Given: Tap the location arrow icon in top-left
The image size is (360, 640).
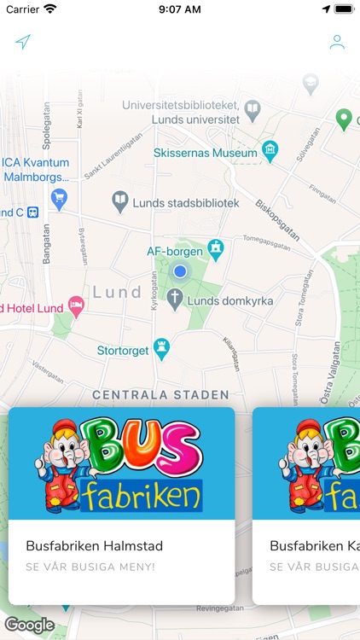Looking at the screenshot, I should (23, 43).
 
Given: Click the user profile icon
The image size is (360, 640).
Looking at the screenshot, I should (337, 43).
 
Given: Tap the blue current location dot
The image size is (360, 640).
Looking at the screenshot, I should (180, 271).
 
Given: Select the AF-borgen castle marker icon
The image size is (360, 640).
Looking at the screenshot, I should (217, 249).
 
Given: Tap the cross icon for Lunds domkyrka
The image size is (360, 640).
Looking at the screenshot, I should (175, 299).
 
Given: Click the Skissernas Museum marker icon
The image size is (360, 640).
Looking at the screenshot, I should (270, 153).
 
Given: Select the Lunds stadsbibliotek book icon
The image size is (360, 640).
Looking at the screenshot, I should (121, 202).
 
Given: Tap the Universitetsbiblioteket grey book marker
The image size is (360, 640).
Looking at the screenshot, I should (253, 109).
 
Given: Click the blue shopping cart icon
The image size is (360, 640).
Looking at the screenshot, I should (59, 199).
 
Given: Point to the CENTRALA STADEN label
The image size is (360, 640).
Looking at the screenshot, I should (160, 395).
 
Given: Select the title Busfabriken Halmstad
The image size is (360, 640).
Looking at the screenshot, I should (95, 546).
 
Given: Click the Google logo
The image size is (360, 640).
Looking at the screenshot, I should (30, 625).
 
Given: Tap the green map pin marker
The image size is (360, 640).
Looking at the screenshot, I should (344, 119).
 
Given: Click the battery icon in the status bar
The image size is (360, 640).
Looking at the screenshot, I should (344, 9).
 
